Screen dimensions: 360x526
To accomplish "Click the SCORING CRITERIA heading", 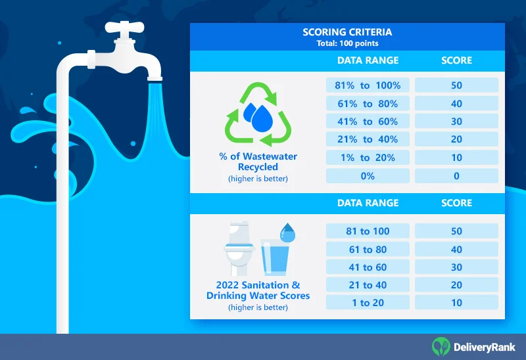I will (x=347, y=32).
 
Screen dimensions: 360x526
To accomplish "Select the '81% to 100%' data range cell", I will (x=368, y=85).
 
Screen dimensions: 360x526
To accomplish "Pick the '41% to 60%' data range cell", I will (x=368, y=122).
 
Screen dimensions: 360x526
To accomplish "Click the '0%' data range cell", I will (x=368, y=176).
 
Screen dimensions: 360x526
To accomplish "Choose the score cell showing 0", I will (x=456, y=176).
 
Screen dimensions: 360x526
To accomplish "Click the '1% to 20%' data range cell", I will (x=368, y=158).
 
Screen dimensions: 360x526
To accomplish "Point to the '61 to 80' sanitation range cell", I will (x=368, y=250).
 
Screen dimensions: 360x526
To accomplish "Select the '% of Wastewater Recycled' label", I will (x=258, y=162).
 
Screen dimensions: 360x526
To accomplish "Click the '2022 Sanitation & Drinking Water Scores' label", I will (x=258, y=290).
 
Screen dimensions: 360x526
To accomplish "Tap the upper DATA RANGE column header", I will (x=368, y=60).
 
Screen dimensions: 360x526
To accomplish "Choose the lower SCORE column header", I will (x=456, y=203).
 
